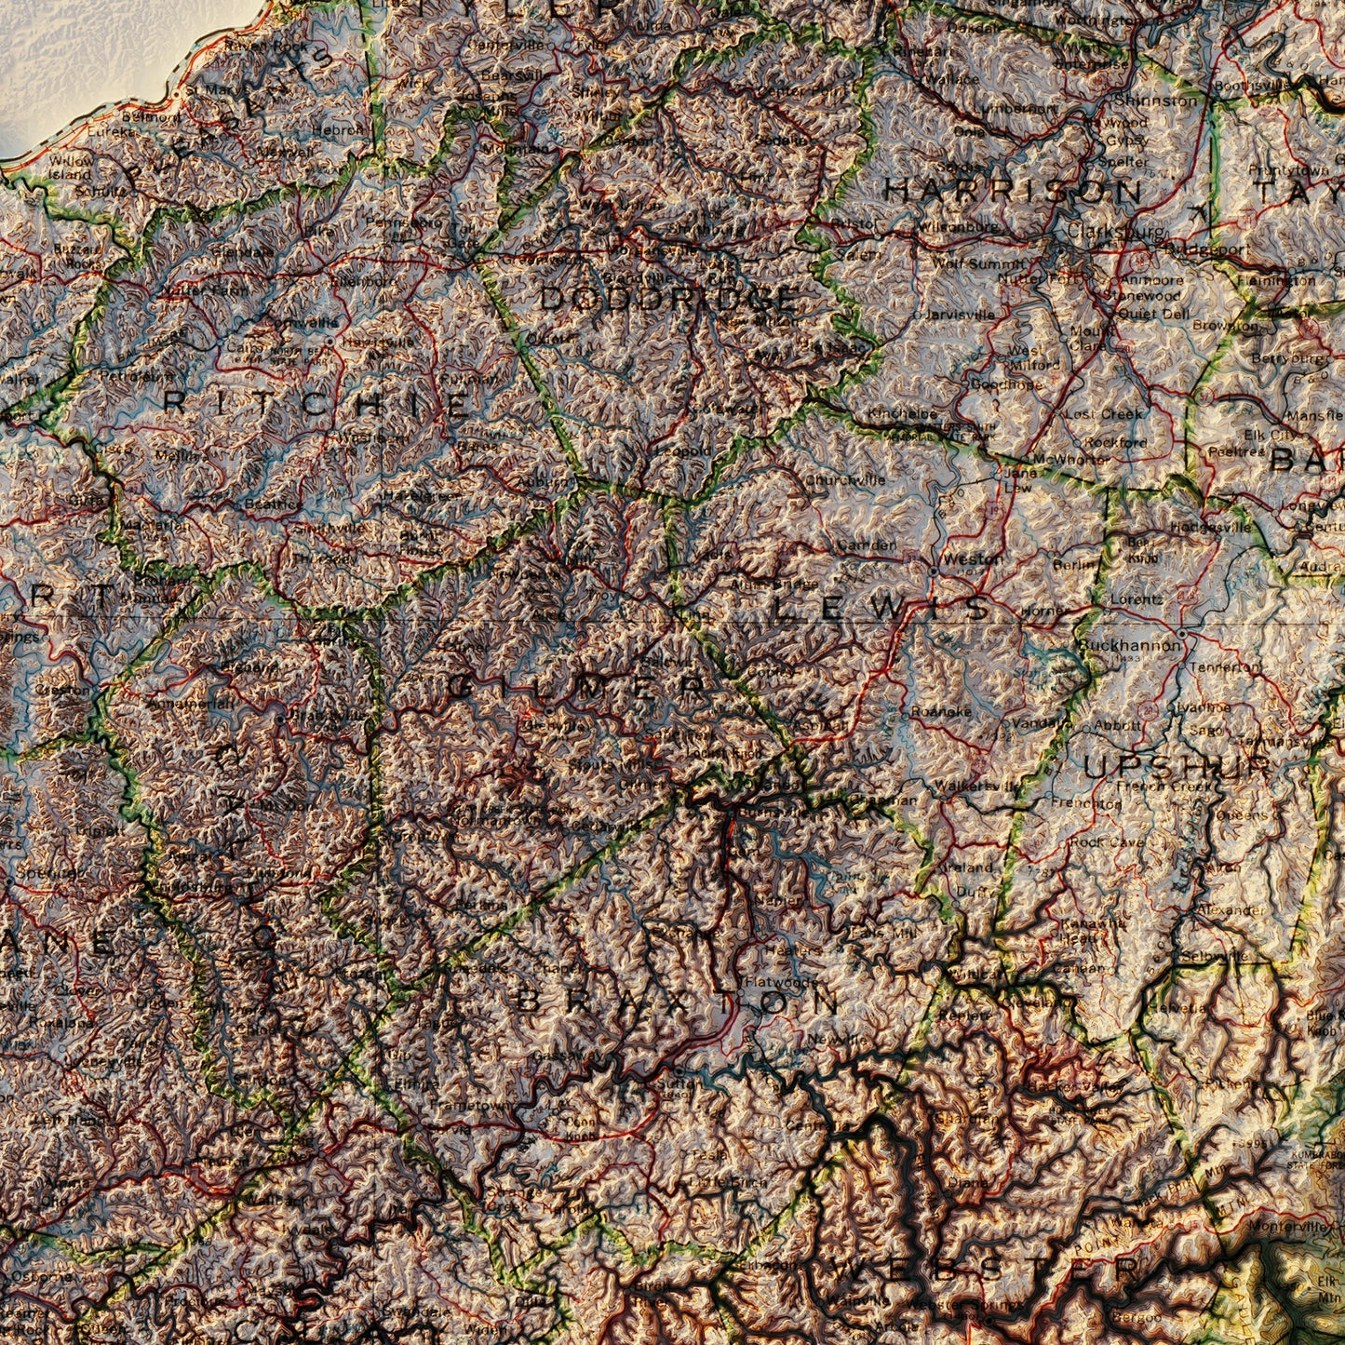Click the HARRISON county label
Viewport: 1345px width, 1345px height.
click(1013, 191)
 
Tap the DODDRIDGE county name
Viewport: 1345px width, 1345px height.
click(667, 300)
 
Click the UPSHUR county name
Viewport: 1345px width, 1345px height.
click(1177, 766)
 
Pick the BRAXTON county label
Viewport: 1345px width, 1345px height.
click(679, 1002)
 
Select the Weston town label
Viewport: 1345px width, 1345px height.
click(973, 559)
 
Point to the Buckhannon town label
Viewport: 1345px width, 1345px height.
click(1128, 644)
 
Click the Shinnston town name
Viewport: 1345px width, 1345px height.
click(1156, 100)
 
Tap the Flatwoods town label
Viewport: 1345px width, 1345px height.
click(778, 981)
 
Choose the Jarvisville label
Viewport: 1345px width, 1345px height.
click(960, 315)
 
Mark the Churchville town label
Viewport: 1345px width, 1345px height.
click(844, 480)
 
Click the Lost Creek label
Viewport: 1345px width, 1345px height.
click(1105, 413)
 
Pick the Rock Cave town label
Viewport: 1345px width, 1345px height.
click(1107, 841)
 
